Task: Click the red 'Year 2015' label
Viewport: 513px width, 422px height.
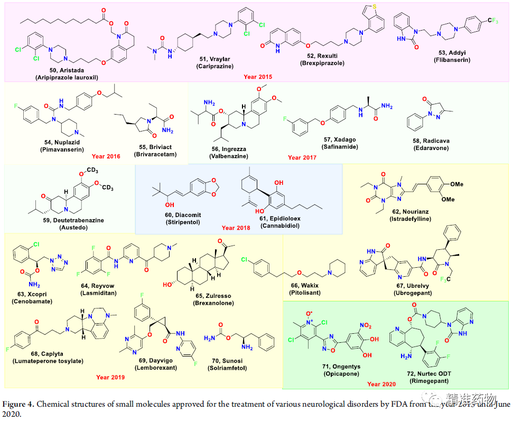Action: (257, 76)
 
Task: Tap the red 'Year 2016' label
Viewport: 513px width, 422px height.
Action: (106, 156)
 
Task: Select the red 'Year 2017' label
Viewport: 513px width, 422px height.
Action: (302, 157)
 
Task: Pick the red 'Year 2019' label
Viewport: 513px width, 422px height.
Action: (110, 377)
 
